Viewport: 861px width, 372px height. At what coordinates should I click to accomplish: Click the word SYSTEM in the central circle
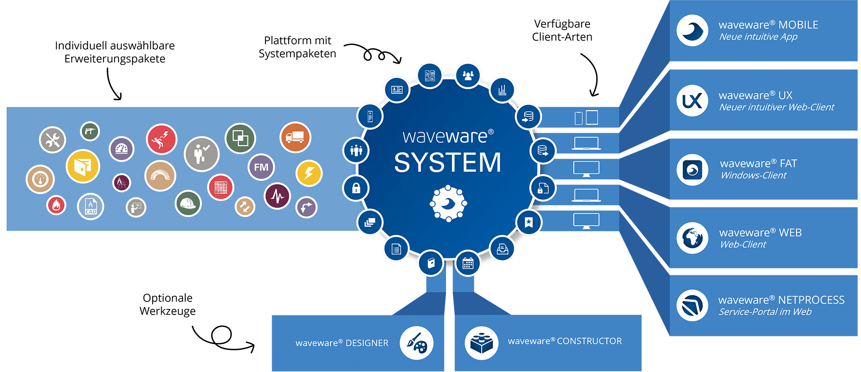pos(448,162)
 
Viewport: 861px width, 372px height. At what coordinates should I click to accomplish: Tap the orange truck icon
pos(295,137)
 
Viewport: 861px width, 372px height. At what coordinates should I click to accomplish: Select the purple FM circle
pos(261,167)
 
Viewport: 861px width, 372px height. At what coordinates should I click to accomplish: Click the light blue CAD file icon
pos(90,206)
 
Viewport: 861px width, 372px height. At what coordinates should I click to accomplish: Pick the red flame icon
pos(56,205)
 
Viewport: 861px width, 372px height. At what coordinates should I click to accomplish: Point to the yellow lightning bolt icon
pos(309,173)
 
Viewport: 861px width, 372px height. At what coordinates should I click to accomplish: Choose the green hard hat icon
pos(188,203)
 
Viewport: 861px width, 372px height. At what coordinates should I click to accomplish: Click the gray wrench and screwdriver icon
pos(52,140)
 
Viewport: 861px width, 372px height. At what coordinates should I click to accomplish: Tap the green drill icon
pos(90,131)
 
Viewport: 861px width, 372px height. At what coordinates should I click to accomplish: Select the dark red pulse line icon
pos(277,196)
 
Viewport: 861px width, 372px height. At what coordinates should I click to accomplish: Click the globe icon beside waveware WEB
pos(692,238)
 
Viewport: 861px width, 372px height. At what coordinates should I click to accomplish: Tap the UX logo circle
pos(692,101)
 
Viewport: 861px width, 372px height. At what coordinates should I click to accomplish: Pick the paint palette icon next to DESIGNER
pos(416,343)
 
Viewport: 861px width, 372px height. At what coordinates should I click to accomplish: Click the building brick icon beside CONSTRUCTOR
pos(481,343)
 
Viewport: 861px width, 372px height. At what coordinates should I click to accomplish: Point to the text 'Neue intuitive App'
pos(758,37)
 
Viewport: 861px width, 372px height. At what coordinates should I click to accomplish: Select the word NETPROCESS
pos(811,300)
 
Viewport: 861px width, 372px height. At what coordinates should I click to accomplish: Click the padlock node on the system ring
pos(356,188)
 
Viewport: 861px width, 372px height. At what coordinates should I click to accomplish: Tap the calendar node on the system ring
pos(468,263)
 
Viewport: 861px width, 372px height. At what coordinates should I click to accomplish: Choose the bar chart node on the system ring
pos(502,90)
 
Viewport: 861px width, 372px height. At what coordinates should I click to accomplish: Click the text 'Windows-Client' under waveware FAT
pos(753,176)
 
